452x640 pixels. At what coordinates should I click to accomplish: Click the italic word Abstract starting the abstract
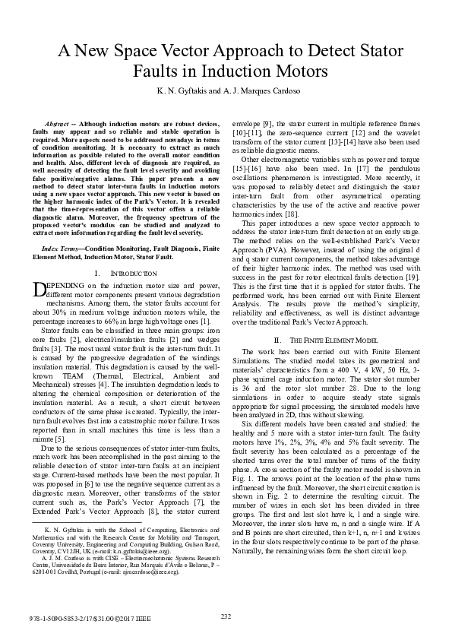pos(62,122)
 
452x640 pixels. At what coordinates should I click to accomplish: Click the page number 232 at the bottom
pos(226,616)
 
